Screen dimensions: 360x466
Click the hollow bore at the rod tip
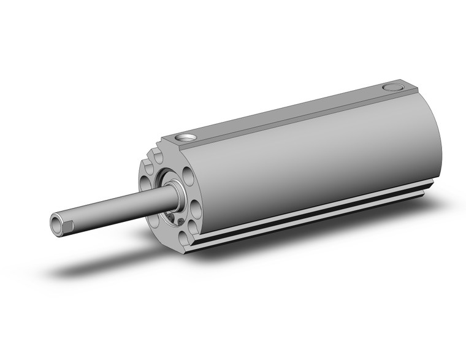pyautogui.click(x=58, y=224)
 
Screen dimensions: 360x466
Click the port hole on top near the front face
pyautogui.click(x=186, y=137)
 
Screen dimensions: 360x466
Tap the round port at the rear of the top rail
pyautogui.click(x=390, y=88)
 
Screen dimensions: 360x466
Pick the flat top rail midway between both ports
pyautogui.click(x=288, y=113)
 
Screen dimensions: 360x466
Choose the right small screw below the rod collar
pyautogui.click(x=179, y=221)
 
